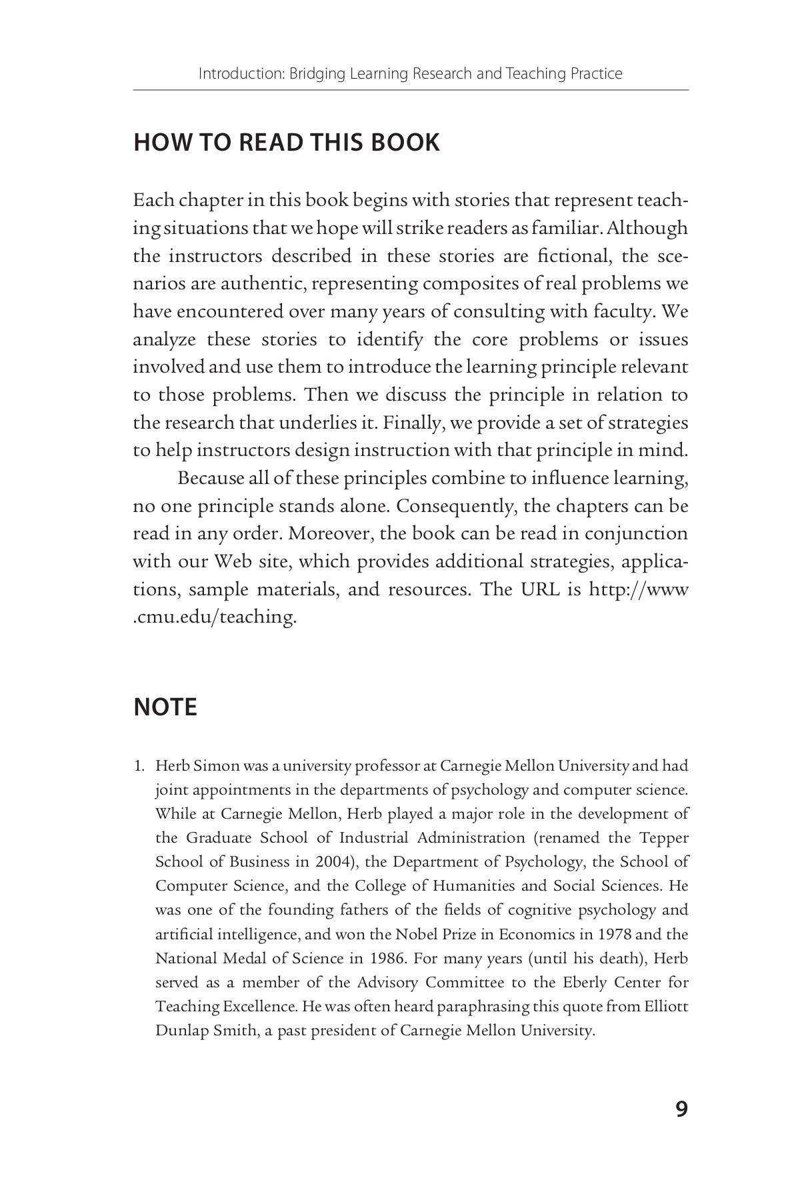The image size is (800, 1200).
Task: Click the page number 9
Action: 681,1109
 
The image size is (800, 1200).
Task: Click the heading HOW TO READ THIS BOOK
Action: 287,143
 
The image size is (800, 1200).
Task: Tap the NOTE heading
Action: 165,707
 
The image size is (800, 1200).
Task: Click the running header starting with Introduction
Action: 410,73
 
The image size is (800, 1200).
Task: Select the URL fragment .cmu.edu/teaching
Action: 214,617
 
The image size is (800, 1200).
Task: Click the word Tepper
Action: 664,837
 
